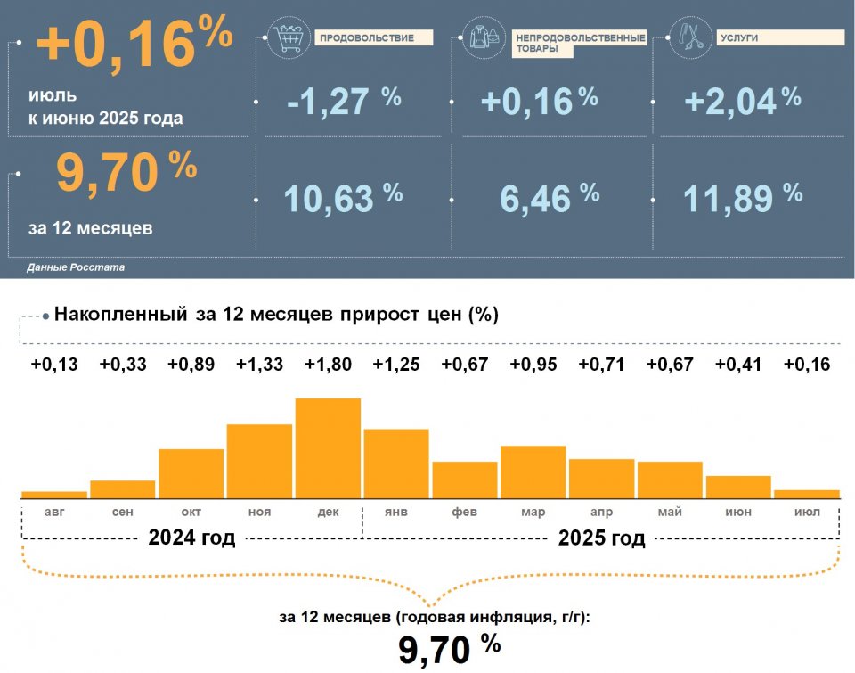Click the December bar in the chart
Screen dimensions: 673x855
click(x=328, y=447)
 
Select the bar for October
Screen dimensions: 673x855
click(x=191, y=472)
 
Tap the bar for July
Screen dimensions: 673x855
click(x=806, y=493)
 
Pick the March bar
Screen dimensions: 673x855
click(x=533, y=471)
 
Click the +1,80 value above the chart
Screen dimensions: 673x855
click(x=328, y=365)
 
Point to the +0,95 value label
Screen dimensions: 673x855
click(x=533, y=365)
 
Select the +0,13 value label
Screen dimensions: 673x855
click(x=54, y=365)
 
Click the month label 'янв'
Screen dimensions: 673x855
click(x=395, y=512)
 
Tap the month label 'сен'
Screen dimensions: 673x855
click(x=123, y=512)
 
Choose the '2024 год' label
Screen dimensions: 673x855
click(x=191, y=538)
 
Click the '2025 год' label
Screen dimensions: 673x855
click(x=601, y=538)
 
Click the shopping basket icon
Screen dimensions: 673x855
click(x=285, y=37)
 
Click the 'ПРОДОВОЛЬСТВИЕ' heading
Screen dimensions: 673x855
click(x=366, y=37)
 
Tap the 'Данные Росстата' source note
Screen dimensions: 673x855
click(x=76, y=267)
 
